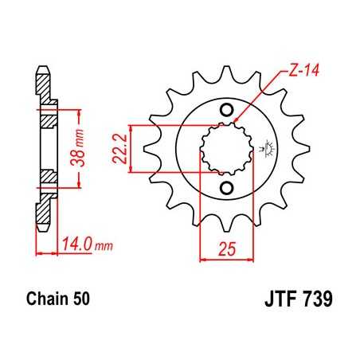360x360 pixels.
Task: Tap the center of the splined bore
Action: point(225,149)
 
